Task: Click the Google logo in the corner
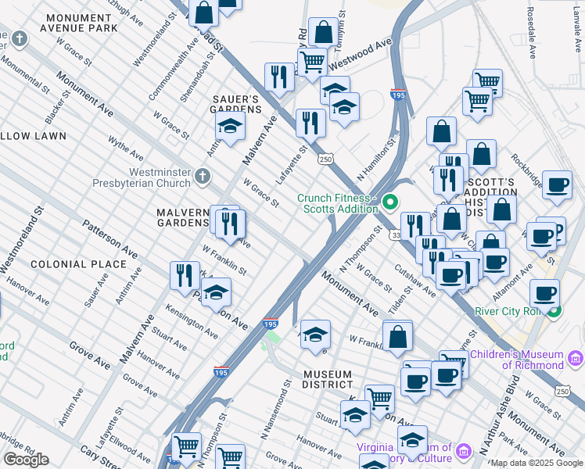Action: [26, 460]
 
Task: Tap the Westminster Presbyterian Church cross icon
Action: [203, 176]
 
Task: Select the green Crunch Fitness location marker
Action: [389, 206]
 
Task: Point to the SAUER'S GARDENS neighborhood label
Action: [236, 104]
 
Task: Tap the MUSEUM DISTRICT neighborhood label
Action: [328, 379]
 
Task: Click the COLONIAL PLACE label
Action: [78, 264]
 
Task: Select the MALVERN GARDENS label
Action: [182, 217]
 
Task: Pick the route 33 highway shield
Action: [397, 234]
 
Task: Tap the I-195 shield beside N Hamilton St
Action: [398, 95]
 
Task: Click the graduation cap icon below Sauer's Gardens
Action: [230, 127]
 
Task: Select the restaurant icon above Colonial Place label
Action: [184, 275]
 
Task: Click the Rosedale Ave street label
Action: [530, 33]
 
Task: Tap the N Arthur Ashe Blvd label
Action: [499, 417]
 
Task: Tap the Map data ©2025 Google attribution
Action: [537, 463]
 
